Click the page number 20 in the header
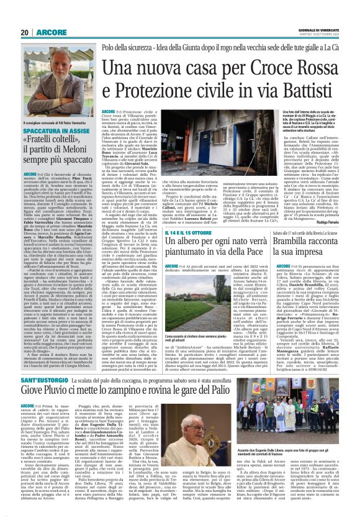(x=24, y=32)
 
